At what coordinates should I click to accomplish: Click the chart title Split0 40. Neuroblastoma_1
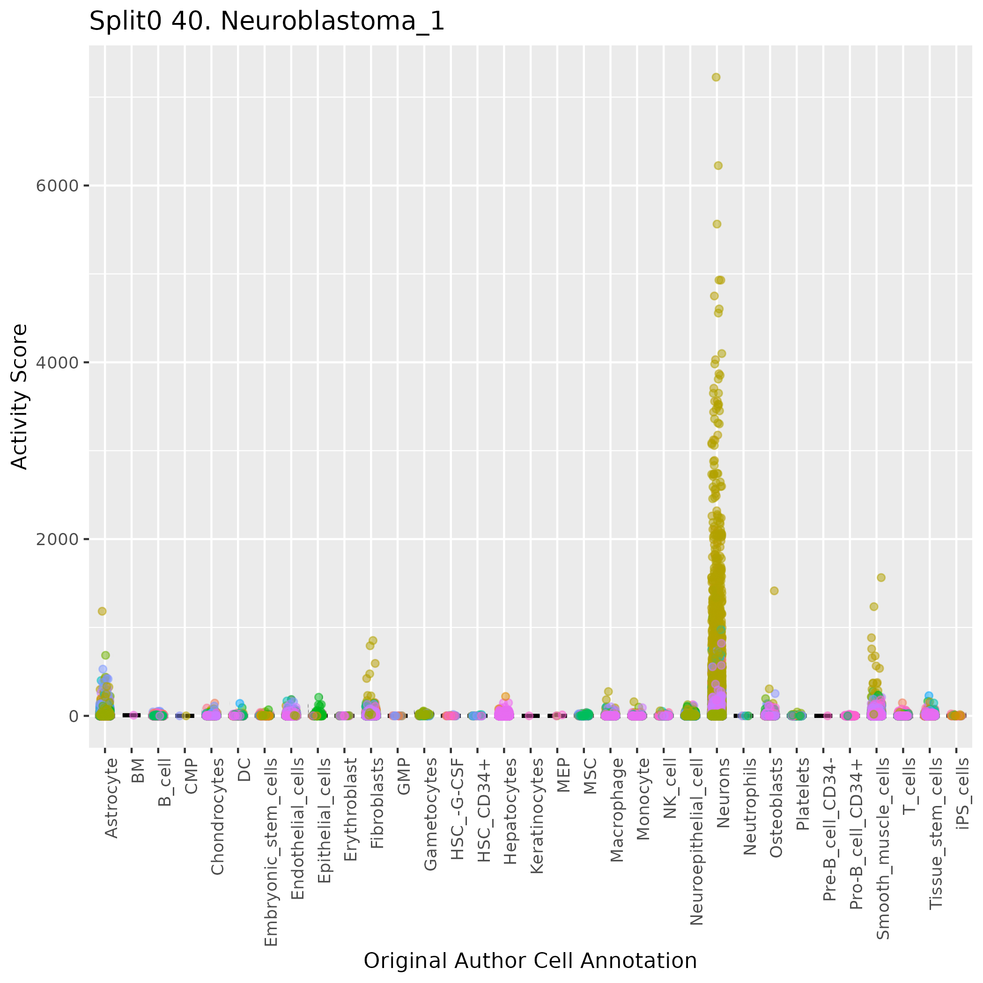coord(266,22)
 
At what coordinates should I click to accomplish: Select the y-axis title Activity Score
coord(19,396)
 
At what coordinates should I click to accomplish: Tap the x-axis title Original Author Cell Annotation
coord(530,961)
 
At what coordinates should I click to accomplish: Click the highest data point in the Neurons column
coord(716,77)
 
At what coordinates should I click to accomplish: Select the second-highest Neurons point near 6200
coord(718,165)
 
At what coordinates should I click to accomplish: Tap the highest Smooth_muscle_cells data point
coord(881,577)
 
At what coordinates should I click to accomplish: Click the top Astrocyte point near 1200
coord(102,611)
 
